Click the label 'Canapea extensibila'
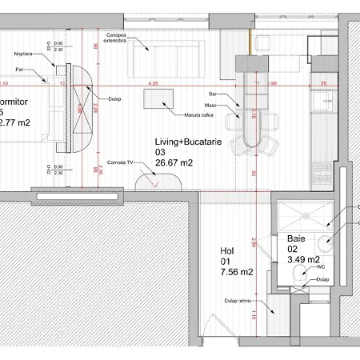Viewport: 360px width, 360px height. tap(117, 38)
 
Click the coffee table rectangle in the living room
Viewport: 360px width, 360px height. tap(159, 99)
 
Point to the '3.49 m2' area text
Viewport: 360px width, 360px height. tap(303, 259)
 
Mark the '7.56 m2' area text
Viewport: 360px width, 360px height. tap(236, 272)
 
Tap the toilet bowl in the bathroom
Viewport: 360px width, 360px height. tap(299, 276)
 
